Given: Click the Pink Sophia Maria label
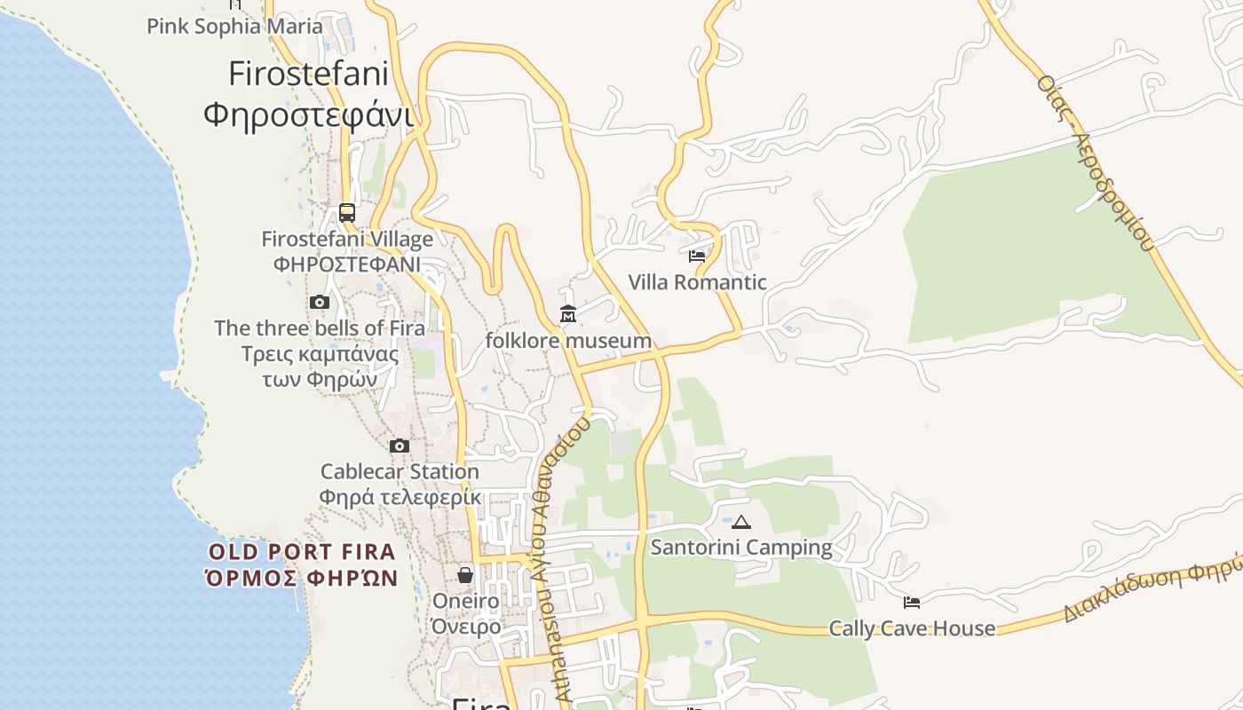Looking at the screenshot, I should click(234, 26).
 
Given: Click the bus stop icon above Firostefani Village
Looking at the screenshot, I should click(347, 213).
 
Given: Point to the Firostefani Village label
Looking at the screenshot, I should click(347, 239).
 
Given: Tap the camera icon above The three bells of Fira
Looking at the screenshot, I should click(320, 303).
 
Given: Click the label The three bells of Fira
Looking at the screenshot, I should click(320, 327).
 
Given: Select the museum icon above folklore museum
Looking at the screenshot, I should click(568, 314).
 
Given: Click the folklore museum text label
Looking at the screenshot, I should click(568, 341).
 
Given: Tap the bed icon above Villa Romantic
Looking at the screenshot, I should click(697, 256).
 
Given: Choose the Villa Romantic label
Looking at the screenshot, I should click(697, 282).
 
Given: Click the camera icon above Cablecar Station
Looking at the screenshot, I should click(400, 446).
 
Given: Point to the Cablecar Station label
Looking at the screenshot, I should click(400, 471).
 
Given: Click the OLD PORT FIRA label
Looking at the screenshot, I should click(302, 552).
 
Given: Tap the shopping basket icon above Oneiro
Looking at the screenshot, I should click(465, 575).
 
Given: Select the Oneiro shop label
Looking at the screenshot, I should click(465, 601).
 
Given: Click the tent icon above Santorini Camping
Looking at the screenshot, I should click(741, 522).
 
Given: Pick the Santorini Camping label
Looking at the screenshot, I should click(741, 548).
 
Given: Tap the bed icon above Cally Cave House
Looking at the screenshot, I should click(912, 603).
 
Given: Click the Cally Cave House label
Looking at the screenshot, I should click(912, 628).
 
